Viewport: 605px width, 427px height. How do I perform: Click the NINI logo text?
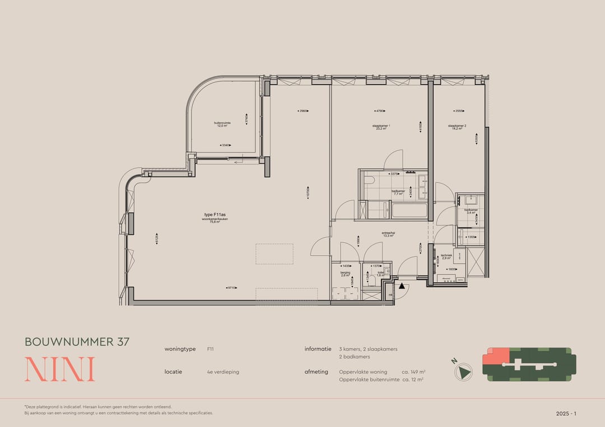pos(59,369)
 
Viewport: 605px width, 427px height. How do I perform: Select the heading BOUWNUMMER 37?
pos(77,341)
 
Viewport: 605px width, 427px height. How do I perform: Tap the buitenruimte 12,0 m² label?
pos(222,125)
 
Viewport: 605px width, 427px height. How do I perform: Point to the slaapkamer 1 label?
pos(382,127)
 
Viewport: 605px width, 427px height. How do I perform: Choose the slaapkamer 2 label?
pos(457,127)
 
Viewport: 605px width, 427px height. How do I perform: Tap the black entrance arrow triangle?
pos(402,285)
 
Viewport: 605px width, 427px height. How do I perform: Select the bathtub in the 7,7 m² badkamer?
pos(408,211)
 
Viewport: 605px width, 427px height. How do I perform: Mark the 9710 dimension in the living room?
pos(231,288)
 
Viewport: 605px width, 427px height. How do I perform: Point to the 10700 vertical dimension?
pos(308,192)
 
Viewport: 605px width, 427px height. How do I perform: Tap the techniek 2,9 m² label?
pos(446,257)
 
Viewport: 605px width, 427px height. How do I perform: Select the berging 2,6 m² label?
pos(345,274)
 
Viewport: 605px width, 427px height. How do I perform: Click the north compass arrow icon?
pos(463,370)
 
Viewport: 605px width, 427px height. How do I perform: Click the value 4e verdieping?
pos(223,372)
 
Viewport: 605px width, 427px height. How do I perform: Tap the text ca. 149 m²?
pos(414,372)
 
